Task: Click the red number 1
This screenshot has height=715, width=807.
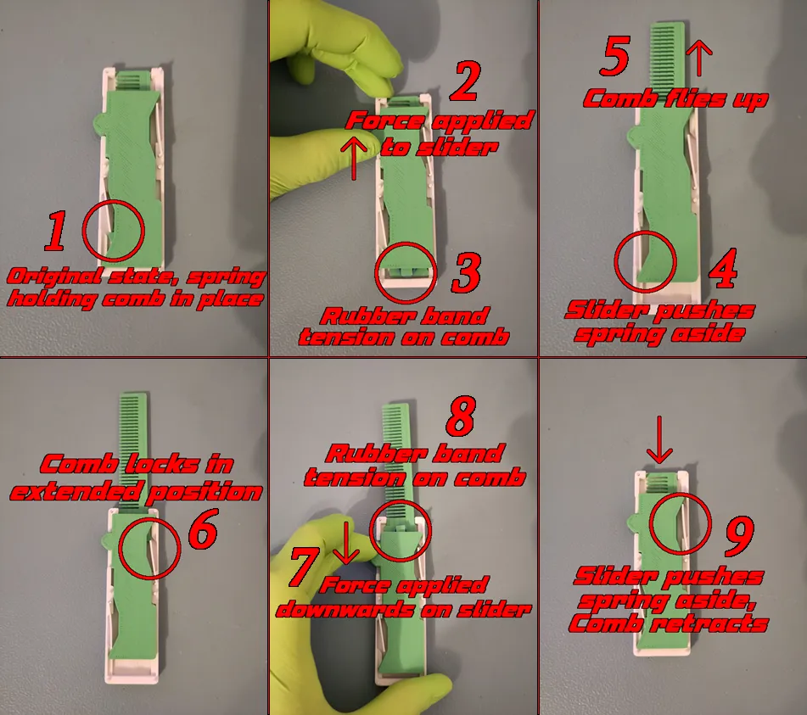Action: (54, 232)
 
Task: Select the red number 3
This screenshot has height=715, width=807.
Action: (467, 273)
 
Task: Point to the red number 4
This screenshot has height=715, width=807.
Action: (720, 268)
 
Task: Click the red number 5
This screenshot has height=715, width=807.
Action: (614, 58)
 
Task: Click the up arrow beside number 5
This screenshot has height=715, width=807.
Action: (698, 59)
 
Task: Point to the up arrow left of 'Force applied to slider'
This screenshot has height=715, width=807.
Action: (354, 159)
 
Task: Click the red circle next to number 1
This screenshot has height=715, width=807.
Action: (115, 230)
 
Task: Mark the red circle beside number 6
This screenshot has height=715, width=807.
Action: (149, 549)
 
